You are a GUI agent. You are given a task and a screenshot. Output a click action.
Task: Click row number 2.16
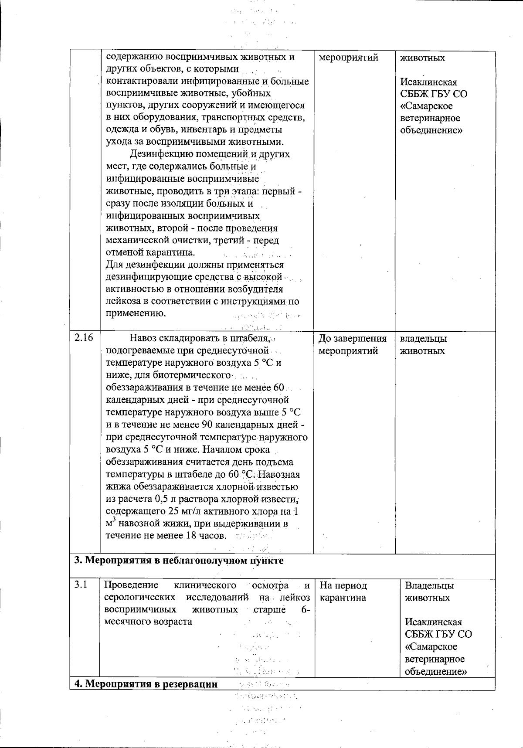click(84, 339)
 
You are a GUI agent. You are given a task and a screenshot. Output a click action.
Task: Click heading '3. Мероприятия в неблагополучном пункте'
click(179, 561)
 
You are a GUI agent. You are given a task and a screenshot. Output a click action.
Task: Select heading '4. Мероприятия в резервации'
click(146, 684)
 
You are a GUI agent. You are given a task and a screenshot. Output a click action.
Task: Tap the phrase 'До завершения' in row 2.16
click(352, 339)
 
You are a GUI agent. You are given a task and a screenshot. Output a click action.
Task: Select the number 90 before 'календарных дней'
click(207, 425)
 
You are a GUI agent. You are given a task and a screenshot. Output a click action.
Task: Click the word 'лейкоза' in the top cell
click(123, 301)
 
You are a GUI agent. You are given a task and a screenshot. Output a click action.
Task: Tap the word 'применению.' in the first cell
click(136, 313)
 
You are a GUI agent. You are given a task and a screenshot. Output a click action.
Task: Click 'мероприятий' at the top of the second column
click(348, 58)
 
